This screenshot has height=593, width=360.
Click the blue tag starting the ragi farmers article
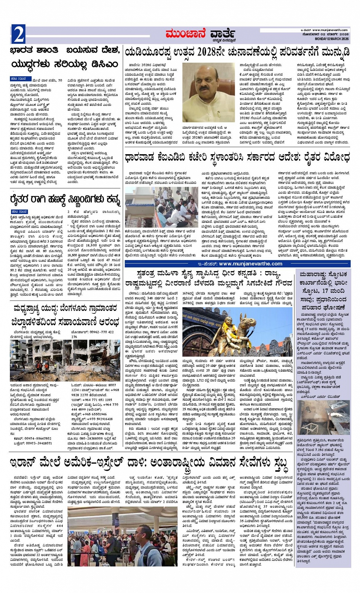(x=19, y=211)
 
